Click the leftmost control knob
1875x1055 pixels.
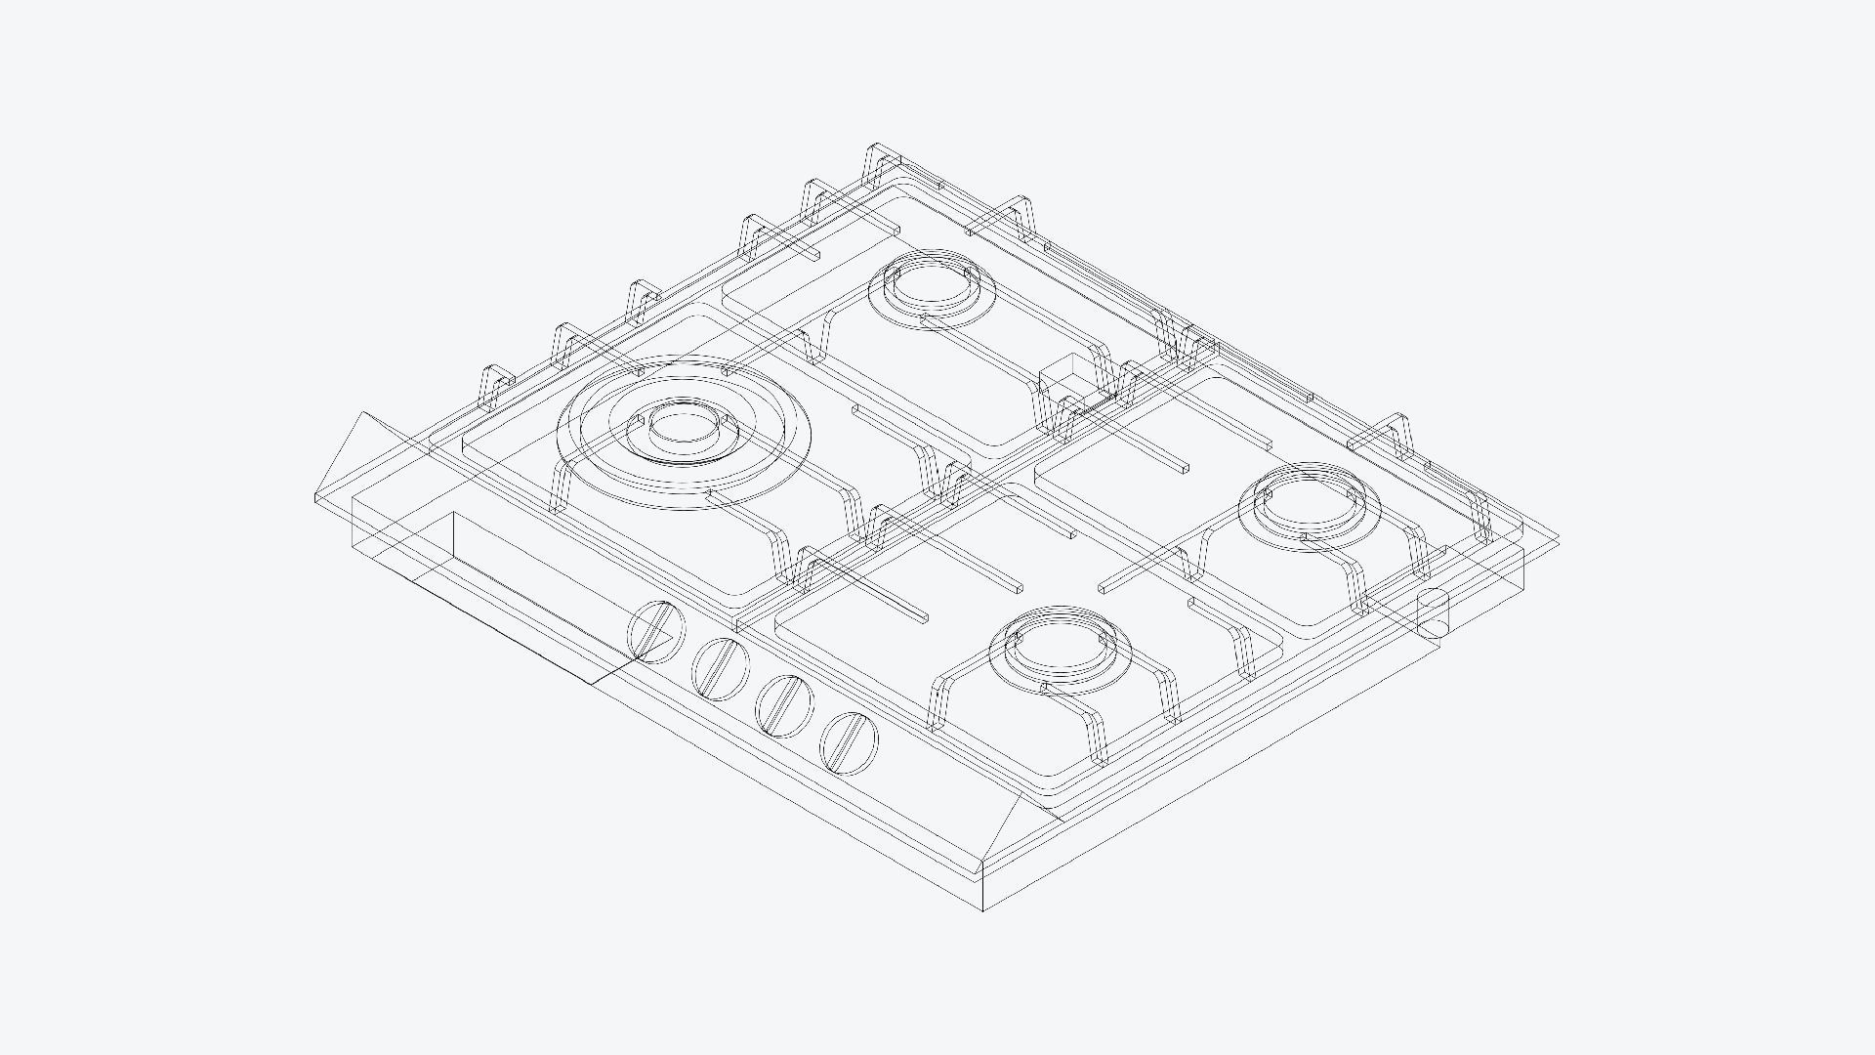(655, 632)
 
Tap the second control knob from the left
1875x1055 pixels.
(721, 668)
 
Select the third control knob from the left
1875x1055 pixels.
(784, 705)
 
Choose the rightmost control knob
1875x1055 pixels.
(849, 742)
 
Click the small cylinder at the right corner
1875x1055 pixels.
(1433, 613)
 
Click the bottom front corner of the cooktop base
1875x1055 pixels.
(982, 908)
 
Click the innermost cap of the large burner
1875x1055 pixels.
(683, 426)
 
